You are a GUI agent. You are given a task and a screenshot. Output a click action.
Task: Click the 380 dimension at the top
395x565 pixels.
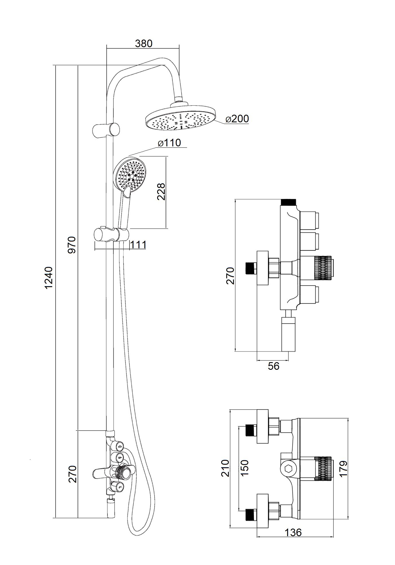coord(144,44)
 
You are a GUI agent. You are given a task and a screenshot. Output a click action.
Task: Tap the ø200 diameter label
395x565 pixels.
coord(237,119)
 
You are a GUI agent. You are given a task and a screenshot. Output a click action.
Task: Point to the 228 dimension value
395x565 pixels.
coord(161,192)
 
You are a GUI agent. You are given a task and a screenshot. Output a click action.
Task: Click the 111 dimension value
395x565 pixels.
coord(138,245)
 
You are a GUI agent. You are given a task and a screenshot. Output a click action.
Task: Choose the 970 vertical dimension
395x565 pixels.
coord(72,245)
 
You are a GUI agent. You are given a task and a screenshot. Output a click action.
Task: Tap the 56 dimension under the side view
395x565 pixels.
coord(273,366)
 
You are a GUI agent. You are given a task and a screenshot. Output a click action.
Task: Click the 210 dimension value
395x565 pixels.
coord(225,468)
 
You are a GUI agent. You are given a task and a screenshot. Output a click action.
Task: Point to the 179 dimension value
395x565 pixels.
coord(343,469)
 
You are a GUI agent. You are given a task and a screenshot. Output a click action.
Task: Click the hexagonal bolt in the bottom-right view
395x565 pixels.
coord(288,469)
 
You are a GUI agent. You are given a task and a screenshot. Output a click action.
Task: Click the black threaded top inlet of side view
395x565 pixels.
coord(288,202)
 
